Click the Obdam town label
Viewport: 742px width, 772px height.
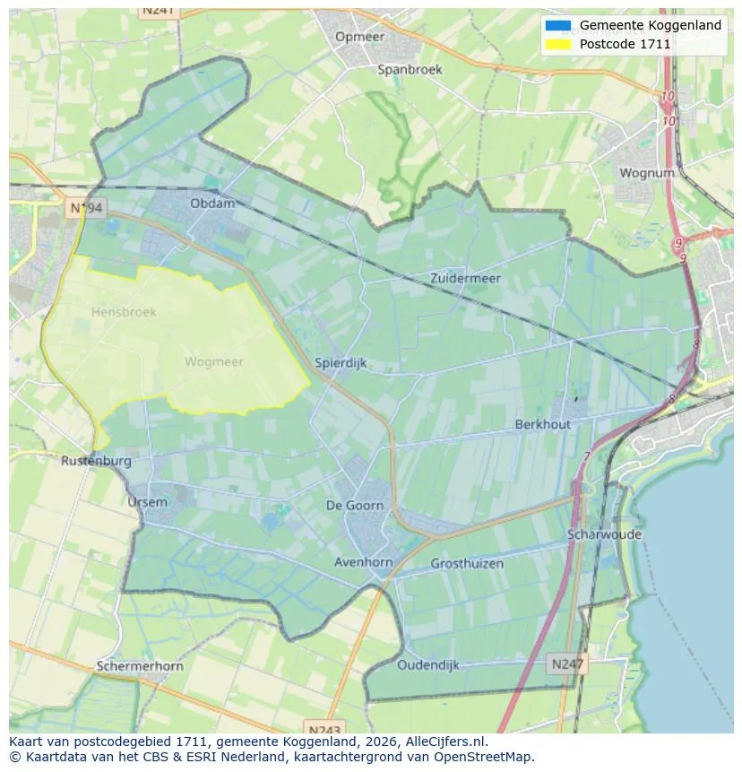point(212,204)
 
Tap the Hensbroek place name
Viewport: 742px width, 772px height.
point(124,312)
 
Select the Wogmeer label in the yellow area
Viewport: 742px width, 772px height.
point(213,362)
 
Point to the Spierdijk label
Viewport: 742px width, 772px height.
point(341,363)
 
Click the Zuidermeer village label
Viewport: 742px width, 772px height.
point(465,278)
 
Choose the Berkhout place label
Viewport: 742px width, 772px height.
point(542,424)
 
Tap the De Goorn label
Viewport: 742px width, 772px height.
point(354,506)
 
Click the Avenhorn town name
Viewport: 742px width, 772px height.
point(363,563)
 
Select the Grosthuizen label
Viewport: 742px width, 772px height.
point(467,564)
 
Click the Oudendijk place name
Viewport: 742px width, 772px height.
point(428,664)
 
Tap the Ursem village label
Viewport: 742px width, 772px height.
point(147,502)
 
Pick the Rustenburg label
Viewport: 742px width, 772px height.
point(96,461)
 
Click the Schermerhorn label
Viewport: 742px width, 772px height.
point(140,666)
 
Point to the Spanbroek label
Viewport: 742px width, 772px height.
point(410,69)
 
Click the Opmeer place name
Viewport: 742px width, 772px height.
point(359,37)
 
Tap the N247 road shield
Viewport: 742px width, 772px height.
point(566,664)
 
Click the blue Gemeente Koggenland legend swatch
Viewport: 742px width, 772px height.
point(557,25)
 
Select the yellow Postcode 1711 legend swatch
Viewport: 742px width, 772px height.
point(557,44)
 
